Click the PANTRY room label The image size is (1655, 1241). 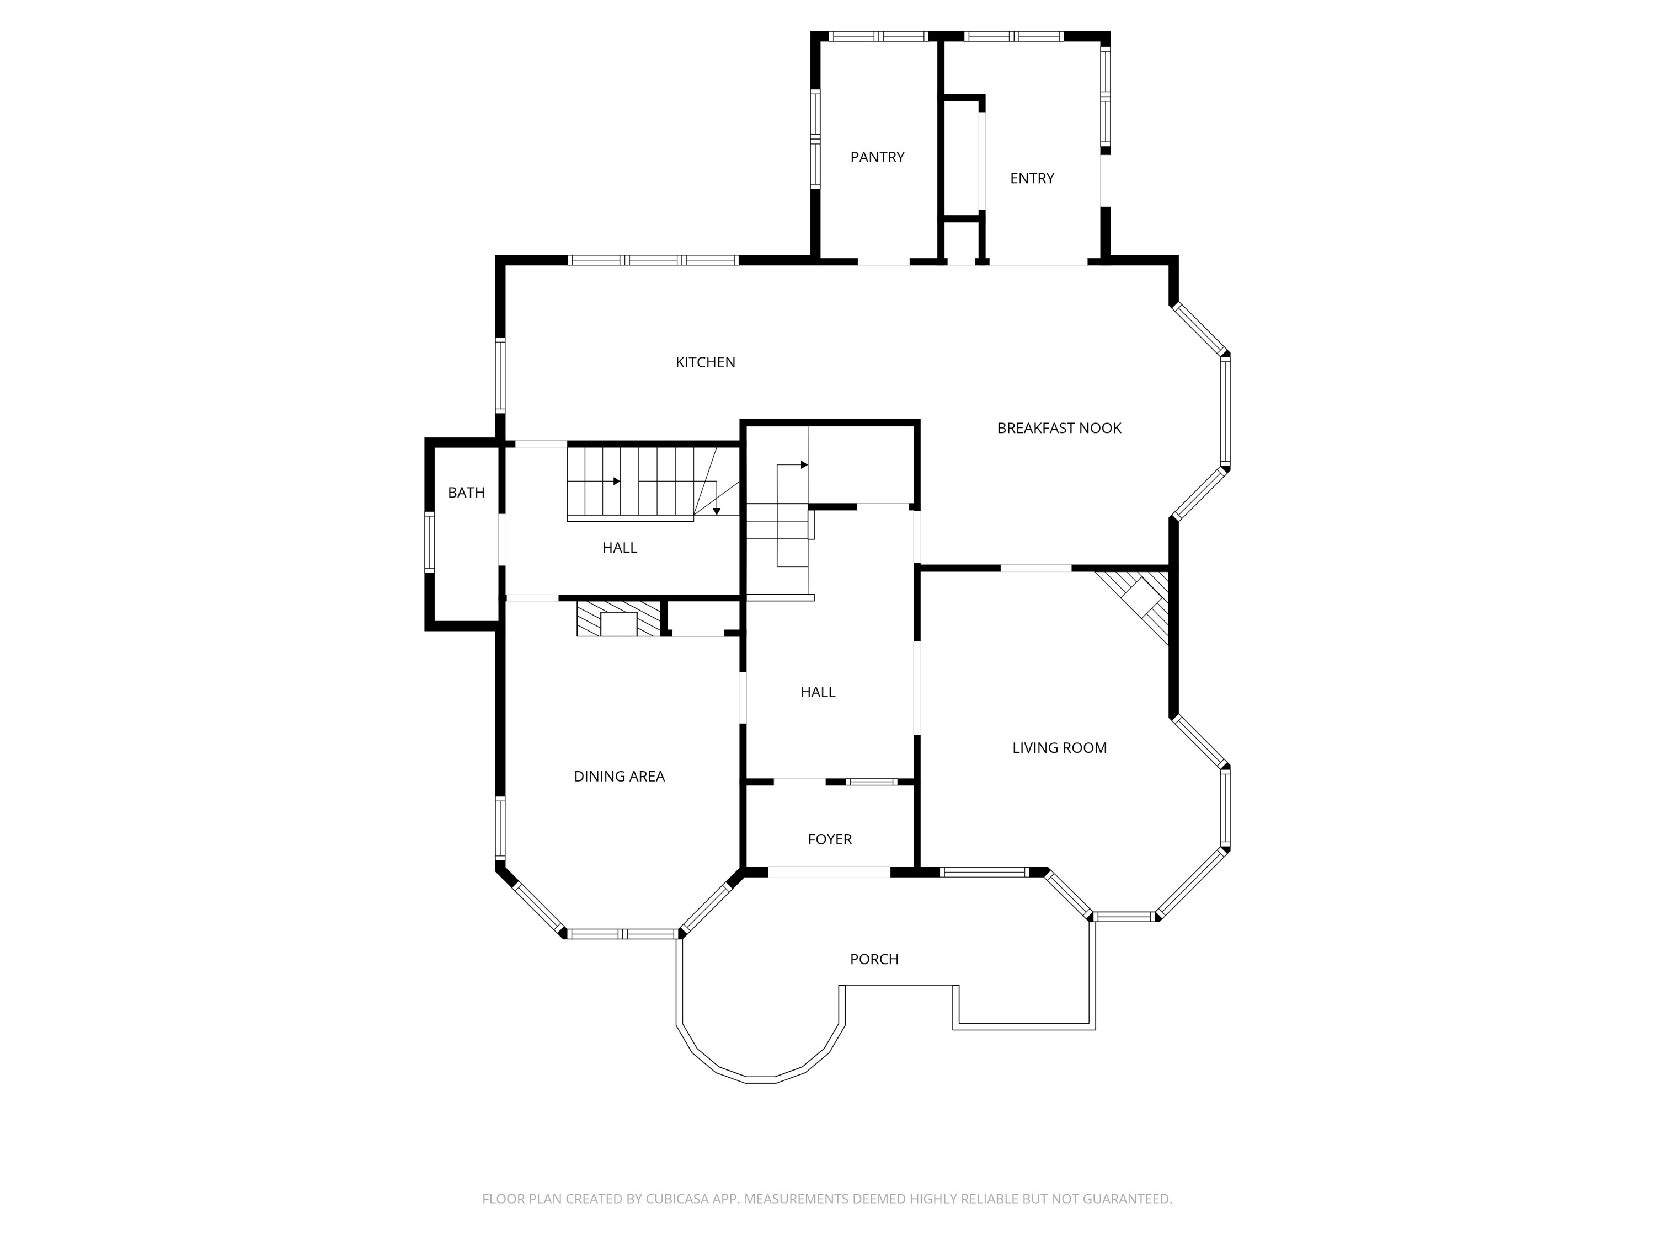point(877,157)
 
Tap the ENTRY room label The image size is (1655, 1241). point(1032,178)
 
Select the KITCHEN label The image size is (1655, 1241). point(705,362)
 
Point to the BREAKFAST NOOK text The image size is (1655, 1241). point(1059,428)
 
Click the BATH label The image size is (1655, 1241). point(466,492)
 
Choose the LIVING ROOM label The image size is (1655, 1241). point(1059,747)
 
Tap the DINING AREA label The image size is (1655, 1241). point(619,777)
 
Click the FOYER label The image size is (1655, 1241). point(830,839)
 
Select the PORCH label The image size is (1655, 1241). point(874,959)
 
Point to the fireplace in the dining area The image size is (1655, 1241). point(619,619)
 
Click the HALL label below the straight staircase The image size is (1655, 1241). point(620,548)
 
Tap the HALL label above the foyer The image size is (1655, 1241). point(818,692)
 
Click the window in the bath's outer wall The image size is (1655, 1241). point(429,542)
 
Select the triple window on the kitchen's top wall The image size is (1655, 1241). point(653,260)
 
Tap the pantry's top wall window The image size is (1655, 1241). point(878,36)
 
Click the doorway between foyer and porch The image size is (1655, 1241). point(829,872)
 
